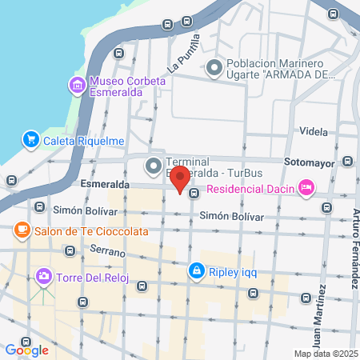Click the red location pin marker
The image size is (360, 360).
(180, 178)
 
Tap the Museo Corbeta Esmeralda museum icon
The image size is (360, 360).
(78, 86)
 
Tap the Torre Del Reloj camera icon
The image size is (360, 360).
(44, 277)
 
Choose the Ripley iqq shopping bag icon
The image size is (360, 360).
(196, 271)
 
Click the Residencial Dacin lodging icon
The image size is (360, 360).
(305, 189)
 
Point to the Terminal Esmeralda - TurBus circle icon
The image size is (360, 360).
(153, 166)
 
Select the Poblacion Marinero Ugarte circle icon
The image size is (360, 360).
(214, 70)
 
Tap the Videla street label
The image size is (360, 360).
(313, 130)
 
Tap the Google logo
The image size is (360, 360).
(26, 350)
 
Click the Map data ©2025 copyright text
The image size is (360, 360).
(326, 354)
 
